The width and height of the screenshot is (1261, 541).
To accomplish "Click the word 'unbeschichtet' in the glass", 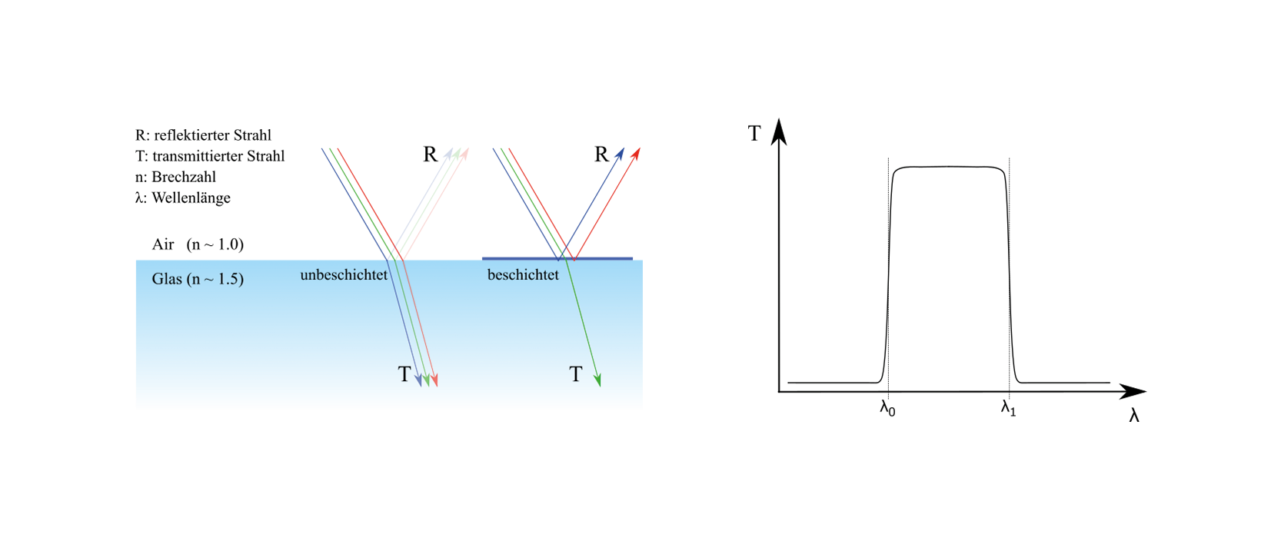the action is [344, 275].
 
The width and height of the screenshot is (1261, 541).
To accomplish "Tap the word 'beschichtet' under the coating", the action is [523, 275].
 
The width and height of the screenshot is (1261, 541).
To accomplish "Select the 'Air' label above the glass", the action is [163, 244].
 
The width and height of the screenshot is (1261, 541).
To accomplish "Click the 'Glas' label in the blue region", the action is [167, 279].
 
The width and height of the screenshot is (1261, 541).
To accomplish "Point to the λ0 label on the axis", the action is [888, 408].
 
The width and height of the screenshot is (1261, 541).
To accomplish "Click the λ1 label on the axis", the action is [1008, 408].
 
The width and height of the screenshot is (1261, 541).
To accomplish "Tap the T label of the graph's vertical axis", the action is [754, 133].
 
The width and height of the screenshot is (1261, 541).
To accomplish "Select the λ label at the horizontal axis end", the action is [1134, 416].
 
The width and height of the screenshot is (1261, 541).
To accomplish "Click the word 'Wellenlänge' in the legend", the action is [191, 198].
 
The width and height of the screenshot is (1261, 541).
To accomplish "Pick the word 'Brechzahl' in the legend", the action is [184, 178].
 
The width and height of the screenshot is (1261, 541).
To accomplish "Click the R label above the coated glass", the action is [602, 154].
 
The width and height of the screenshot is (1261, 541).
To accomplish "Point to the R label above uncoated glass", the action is [430, 154].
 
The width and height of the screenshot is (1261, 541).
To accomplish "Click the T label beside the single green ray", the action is [575, 374].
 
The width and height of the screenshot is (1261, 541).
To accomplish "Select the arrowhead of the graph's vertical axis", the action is [779, 132].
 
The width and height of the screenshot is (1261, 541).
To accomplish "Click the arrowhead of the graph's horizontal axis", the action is [1133, 391].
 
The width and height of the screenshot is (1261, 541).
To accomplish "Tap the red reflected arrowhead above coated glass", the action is [636, 154].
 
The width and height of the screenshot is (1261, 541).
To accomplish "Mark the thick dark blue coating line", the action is [557, 259].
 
